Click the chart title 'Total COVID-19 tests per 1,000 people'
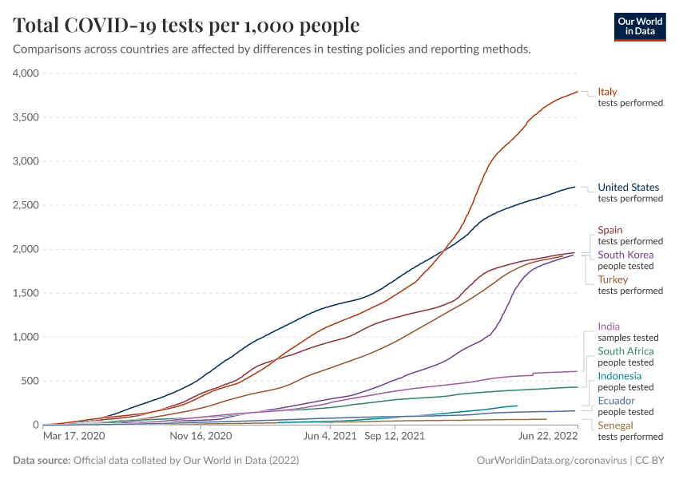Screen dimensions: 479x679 (186, 26)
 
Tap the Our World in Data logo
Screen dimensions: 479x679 (639, 26)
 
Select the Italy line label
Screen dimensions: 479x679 (607, 92)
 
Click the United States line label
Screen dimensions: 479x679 (629, 188)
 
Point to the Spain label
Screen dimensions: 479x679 (610, 230)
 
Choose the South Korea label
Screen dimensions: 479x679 (625, 255)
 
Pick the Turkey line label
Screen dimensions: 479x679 (613, 279)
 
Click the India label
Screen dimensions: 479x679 (609, 327)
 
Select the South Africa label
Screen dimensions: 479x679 (625, 351)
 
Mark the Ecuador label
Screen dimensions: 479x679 (617, 401)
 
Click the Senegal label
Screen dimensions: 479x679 (615, 426)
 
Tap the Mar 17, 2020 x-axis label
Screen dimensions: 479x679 (73, 437)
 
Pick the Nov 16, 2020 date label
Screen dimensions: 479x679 (201, 437)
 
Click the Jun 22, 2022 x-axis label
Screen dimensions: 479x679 (547, 437)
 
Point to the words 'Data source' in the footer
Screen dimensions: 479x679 (42, 461)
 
